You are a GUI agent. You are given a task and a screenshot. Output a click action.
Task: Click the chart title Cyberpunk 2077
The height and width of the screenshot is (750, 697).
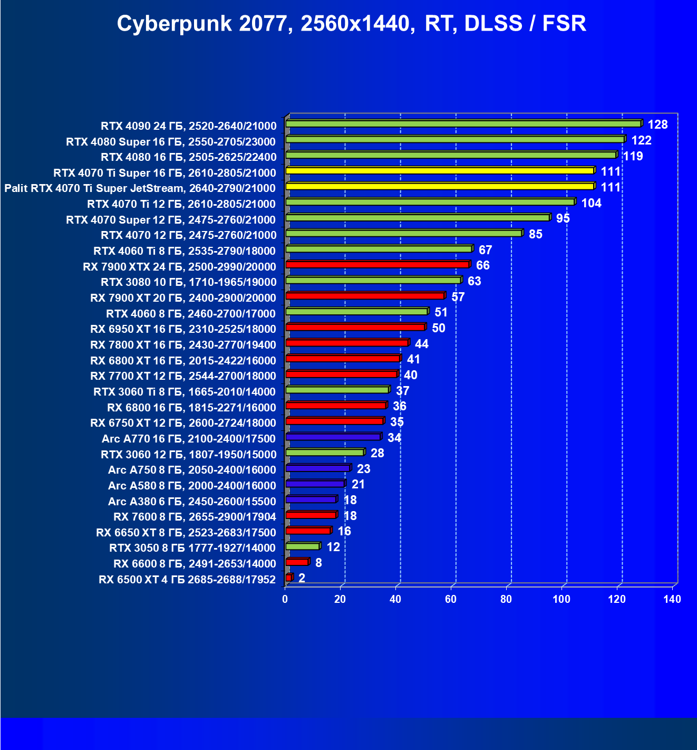pyautogui.click(x=351, y=24)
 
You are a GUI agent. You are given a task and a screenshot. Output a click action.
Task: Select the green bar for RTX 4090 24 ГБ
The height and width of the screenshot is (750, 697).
pyautogui.click(x=463, y=124)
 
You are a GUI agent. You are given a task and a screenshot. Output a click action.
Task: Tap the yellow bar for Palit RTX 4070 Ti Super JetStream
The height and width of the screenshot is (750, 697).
pyautogui.click(x=440, y=186)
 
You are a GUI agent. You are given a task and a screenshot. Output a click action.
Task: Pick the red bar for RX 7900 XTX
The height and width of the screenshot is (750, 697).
pyautogui.click(x=377, y=265)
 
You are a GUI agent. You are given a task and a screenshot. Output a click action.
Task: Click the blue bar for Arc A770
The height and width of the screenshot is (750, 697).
pyautogui.click(x=333, y=437)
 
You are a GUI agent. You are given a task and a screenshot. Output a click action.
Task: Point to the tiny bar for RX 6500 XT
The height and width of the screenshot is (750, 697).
pyautogui.click(x=288, y=578)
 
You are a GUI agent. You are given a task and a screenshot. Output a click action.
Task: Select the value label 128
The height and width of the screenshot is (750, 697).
pyautogui.click(x=657, y=124)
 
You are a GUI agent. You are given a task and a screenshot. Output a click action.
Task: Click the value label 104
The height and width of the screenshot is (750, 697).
pyautogui.click(x=591, y=203)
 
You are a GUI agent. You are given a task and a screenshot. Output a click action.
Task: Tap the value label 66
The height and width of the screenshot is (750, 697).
pyautogui.click(x=482, y=265)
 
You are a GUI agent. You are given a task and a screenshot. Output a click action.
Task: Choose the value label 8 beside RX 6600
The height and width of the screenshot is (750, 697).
pyautogui.click(x=318, y=563)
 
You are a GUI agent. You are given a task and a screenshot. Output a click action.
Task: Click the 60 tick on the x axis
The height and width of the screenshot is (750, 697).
pyautogui.click(x=450, y=599)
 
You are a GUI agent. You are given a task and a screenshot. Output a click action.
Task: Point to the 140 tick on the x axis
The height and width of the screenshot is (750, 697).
pyautogui.click(x=672, y=599)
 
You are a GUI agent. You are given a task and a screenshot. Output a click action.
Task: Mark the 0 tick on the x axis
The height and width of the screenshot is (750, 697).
pyautogui.click(x=285, y=599)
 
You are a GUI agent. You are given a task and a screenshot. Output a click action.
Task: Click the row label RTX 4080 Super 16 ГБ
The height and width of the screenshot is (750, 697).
pyautogui.click(x=171, y=141)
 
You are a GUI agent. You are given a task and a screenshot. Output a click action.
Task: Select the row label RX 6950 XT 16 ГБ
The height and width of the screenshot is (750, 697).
pyautogui.click(x=183, y=329)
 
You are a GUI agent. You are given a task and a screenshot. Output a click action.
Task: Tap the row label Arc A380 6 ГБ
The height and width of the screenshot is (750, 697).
pyautogui.click(x=192, y=501)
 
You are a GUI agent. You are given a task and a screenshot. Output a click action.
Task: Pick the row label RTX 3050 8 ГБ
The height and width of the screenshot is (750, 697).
pyautogui.click(x=192, y=548)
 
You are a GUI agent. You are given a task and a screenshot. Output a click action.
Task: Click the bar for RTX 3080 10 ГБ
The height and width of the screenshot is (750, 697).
pyautogui.click(x=373, y=280)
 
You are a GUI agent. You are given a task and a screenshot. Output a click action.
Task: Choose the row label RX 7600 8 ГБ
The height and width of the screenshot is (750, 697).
pyautogui.click(x=195, y=517)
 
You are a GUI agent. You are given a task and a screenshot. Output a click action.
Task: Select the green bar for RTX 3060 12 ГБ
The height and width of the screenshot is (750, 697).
pyautogui.click(x=324, y=453)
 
